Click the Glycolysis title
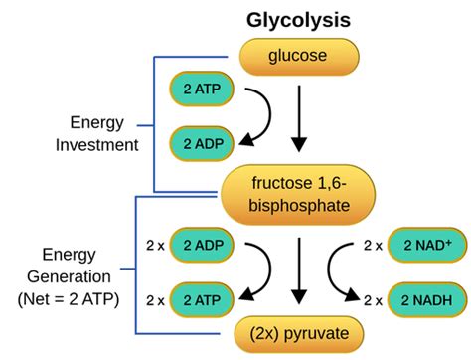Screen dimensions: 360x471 pos(296,19)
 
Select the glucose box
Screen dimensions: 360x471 pos(296,57)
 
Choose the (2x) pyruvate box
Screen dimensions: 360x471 pos(298,332)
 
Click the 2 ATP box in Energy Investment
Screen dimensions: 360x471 pos(202,90)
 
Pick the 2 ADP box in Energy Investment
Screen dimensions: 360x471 pos(202,143)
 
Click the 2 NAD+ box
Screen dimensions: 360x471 pos(415,244)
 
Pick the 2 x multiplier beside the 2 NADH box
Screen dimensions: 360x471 pos(372,297)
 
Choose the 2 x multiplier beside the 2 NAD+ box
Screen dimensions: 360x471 pos(372,245)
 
